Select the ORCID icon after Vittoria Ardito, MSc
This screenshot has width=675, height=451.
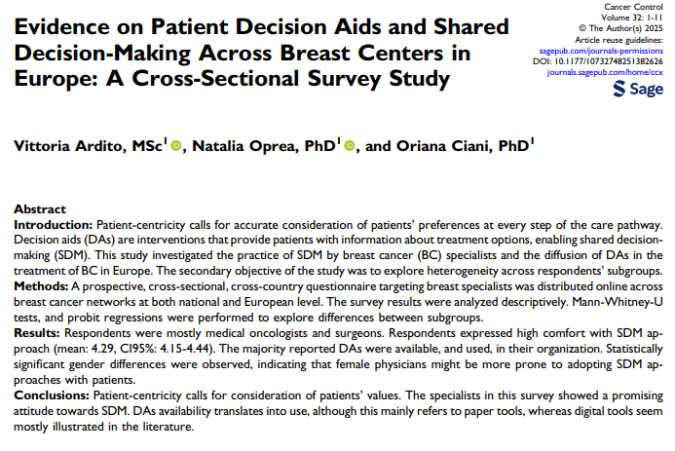click(176, 146)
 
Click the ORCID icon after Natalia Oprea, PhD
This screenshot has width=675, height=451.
click(349, 146)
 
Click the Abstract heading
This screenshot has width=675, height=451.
click(40, 208)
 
